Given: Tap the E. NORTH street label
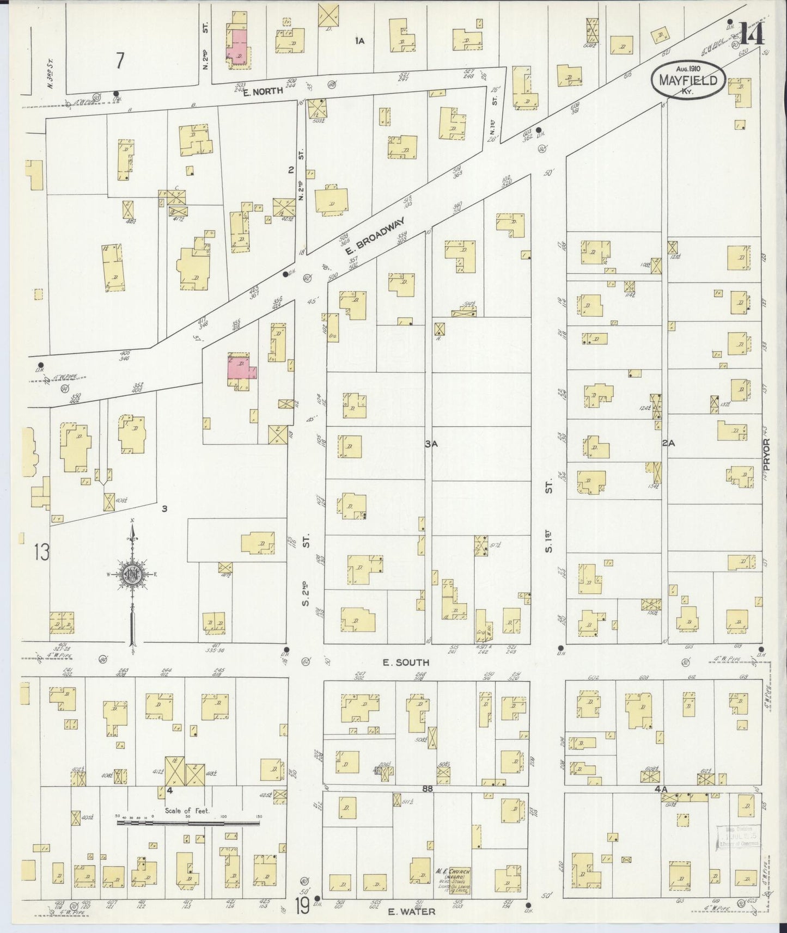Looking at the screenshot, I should click(263, 91).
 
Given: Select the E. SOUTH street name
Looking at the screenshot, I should click(405, 662).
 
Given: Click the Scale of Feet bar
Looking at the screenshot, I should click(188, 824).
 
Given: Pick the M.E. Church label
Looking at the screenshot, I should click(453, 876).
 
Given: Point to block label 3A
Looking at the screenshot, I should click(431, 444).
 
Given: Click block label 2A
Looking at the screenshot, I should click(668, 443).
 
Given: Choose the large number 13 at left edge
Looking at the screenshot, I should click(41, 552).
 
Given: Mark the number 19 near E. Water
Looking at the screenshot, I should click(303, 906).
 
